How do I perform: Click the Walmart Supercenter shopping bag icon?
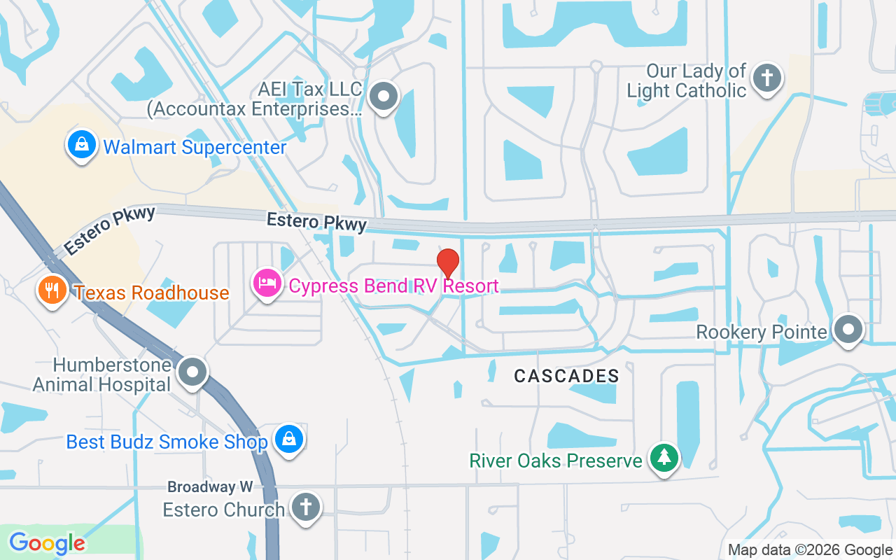(82, 146)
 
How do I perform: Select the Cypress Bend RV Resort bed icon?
(267, 284)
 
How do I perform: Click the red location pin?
(448, 263)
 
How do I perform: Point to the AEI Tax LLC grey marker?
(383, 97)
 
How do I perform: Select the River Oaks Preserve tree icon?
(664, 458)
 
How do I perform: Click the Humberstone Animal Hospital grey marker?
(192, 372)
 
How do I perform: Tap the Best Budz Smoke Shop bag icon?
(288, 440)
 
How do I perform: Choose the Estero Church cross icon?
(305, 507)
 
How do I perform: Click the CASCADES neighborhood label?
(566, 377)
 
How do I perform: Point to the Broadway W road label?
(210, 486)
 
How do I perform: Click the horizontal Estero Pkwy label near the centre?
(316, 222)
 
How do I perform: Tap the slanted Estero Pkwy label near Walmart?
(109, 230)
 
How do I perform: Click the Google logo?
(47, 542)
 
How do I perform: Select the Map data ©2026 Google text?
(810, 550)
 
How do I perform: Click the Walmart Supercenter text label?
(195, 148)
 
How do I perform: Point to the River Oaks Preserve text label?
(556, 461)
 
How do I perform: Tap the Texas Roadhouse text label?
(152, 293)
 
